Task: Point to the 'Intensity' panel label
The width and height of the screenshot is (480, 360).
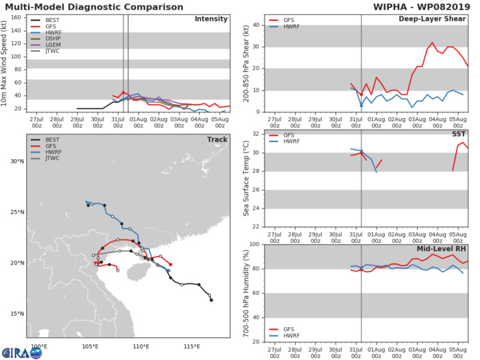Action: tap(212, 19)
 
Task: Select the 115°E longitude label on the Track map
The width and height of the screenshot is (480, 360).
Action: tap(195, 347)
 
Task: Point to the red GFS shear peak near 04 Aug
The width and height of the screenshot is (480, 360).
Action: tap(433, 43)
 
